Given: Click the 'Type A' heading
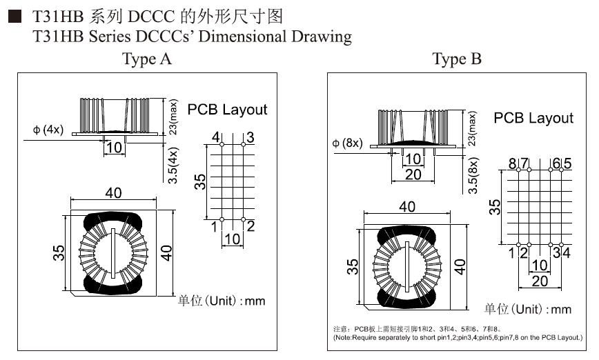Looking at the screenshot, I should pos(146,59).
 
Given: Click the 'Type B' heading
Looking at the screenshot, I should pos(457,59).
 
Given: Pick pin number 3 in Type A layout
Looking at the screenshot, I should pos(250,138).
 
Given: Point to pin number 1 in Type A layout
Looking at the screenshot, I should pos(215,226).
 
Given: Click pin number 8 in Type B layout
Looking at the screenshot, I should pos(513,163).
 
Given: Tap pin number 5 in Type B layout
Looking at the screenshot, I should pos(567,163).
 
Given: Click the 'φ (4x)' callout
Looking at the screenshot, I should pos(48,130).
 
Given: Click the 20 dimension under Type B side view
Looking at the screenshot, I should pos(412,175).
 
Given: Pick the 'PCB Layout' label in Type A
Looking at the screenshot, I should pos(227,109).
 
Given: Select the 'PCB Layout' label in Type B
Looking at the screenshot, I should pos(533,118).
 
